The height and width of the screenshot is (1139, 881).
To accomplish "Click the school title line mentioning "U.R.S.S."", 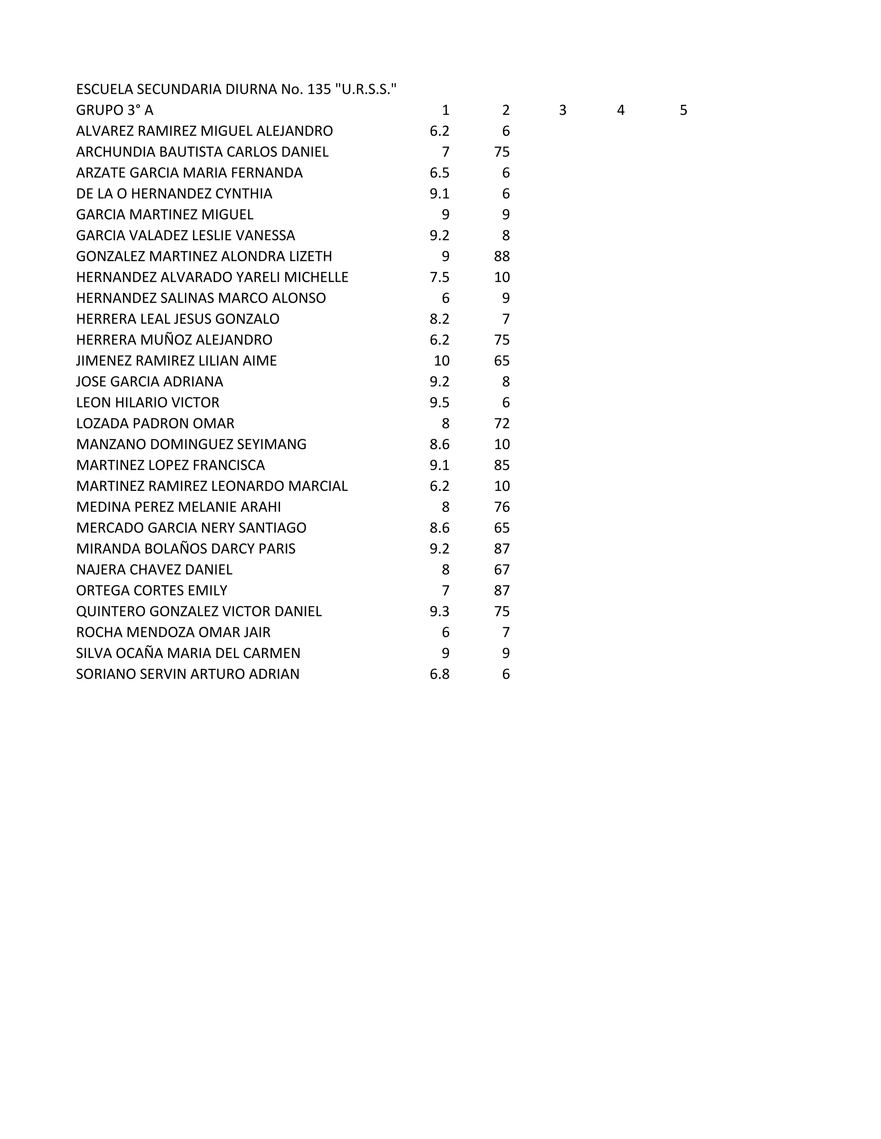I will point(236,89).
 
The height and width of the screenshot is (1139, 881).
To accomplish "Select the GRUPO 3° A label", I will point(114,110).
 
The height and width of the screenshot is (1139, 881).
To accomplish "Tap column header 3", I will point(563,110).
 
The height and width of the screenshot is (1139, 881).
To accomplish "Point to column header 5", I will point(683,110).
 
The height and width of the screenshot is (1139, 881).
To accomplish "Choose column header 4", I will point(621,110).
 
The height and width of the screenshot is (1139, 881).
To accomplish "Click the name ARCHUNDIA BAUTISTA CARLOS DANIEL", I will point(202,152).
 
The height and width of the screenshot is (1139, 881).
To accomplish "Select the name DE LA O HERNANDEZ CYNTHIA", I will point(174,193).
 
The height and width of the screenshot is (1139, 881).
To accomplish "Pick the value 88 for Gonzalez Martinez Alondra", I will point(502,256).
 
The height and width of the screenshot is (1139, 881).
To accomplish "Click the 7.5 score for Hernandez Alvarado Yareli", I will point(440,277).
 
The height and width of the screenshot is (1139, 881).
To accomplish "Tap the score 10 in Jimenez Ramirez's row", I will point(441,360).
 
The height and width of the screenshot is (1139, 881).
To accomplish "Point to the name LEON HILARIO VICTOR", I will point(147,402).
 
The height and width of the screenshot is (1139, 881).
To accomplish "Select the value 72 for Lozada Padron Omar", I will point(502,423).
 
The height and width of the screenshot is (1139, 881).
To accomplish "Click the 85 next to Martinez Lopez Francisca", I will point(502,465).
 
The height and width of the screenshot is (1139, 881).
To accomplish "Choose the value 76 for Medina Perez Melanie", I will point(502,506).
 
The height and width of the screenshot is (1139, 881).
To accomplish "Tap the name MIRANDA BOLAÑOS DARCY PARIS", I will point(185,548).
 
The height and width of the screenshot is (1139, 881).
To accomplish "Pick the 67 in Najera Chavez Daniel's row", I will point(502,569).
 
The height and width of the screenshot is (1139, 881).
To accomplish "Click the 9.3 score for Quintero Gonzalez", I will point(440,611).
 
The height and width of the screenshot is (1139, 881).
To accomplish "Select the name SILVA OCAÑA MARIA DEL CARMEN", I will point(188,653).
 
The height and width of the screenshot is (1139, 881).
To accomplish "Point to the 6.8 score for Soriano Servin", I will point(440,674).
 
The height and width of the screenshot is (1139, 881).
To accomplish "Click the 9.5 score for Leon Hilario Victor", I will point(440,402).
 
